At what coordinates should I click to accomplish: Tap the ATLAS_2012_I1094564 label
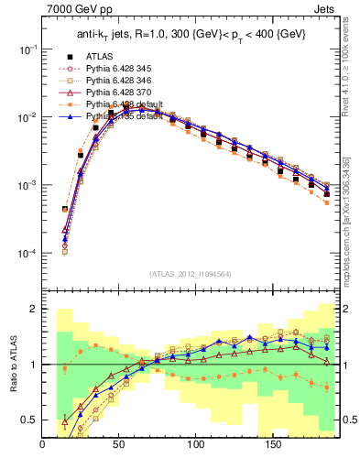click(190, 273)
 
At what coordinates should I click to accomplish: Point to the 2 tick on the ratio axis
click(34, 310)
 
